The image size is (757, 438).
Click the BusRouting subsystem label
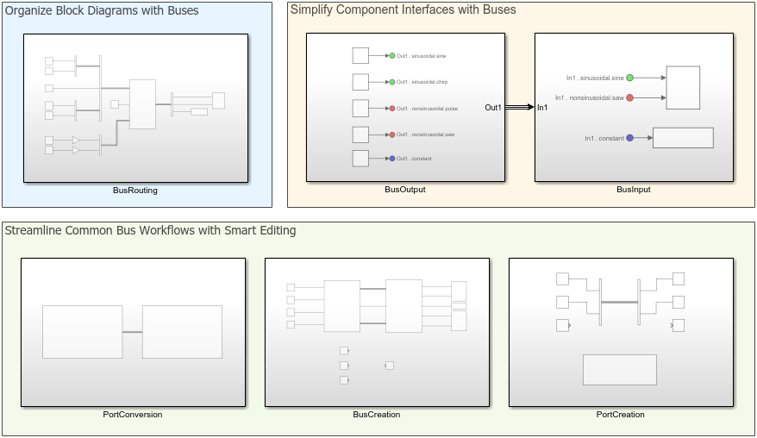click(x=135, y=190)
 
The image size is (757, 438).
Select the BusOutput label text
click(x=405, y=189)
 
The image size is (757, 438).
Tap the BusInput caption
click(x=634, y=189)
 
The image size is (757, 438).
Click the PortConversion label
click(x=132, y=414)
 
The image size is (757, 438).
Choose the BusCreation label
click(x=376, y=414)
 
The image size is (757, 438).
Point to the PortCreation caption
click(x=620, y=414)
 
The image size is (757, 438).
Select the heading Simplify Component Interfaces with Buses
click(x=403, y=10)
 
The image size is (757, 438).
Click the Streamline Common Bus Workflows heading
click(x=151, y=230)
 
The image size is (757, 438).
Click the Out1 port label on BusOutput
click(x=493, y=108)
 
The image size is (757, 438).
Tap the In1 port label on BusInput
click(x=542, y=108)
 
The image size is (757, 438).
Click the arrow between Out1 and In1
click(x=519, y=108)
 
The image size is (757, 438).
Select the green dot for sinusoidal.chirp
click(x=392, y=82)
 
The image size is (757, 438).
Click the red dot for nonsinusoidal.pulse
click(x=392, y=109)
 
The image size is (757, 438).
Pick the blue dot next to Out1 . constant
click(x=392, y=159)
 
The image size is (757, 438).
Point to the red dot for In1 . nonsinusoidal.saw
click(x=630, y=97)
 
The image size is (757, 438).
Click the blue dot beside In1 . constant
click(x=630, y=138)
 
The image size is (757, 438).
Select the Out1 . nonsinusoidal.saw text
click(x=425, y=135)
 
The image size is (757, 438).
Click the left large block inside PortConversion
click(x=82, y=332)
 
